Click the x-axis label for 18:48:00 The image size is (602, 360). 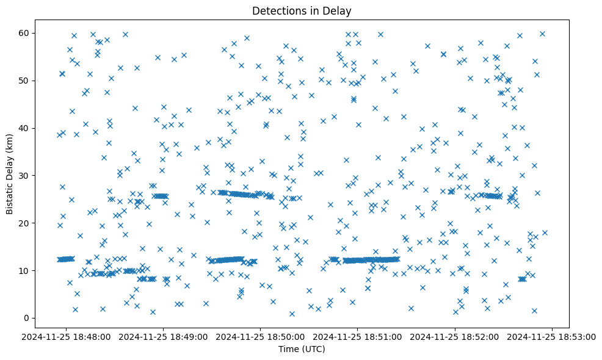click(67, 336)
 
